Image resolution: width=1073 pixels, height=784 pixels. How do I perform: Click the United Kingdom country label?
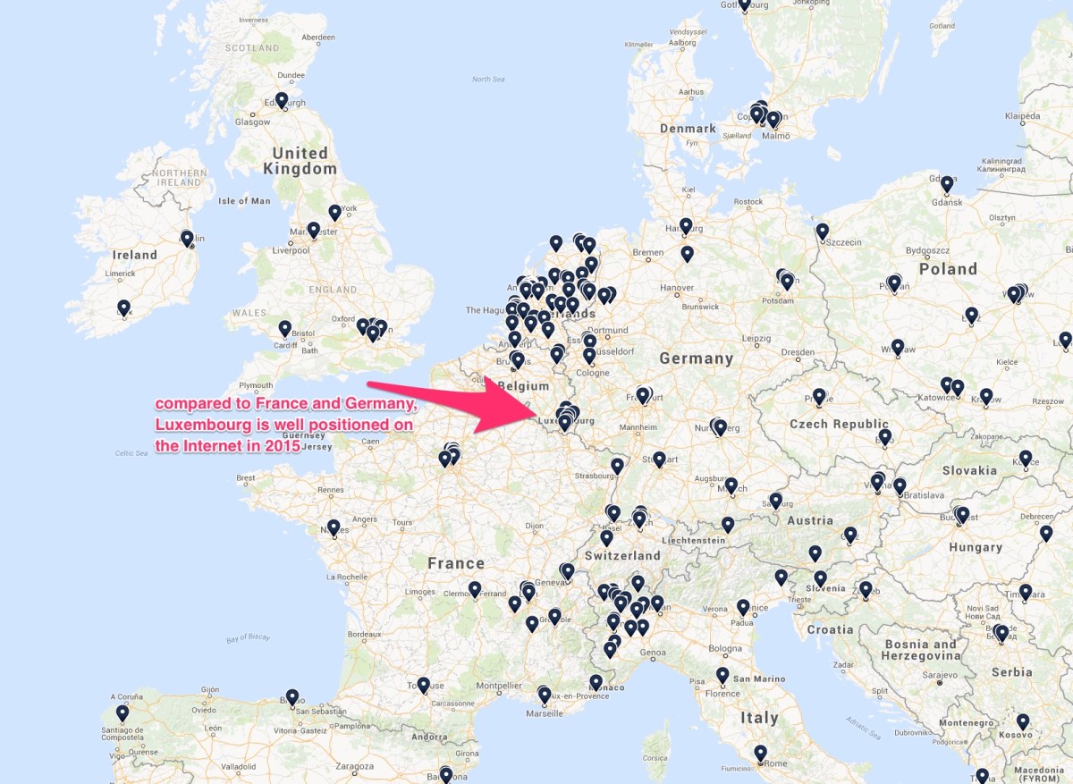(x=300, y=161)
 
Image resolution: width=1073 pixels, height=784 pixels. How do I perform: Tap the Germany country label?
(x=696, y=358)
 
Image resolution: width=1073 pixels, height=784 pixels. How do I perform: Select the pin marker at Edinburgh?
(x=282, y=100)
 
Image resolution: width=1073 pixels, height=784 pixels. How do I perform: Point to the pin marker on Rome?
(x=760, y=753)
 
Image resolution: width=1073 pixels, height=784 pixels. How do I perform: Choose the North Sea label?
(x=488, y=80)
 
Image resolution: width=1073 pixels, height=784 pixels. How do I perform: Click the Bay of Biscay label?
(x=248, y=638)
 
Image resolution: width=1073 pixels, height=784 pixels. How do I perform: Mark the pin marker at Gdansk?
(x=947, y=184)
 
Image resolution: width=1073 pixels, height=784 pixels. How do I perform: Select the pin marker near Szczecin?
(x=823, y=231)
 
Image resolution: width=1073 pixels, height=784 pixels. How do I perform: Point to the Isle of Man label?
(x=244, y=201)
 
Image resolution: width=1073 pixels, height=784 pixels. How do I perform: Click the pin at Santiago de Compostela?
(x=122, y=713)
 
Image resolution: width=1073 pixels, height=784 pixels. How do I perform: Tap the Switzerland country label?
(x=621, y=555)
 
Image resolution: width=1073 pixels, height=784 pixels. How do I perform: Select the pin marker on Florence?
(x=722, y=675)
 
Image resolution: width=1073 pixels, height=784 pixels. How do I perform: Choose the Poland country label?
(x=948, y=269)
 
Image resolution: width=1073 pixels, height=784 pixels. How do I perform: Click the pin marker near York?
(x=334, y=212)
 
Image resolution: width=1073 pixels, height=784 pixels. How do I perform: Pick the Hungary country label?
(x=976, y=547)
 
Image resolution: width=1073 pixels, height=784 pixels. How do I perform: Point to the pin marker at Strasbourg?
(x=617, y=466)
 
